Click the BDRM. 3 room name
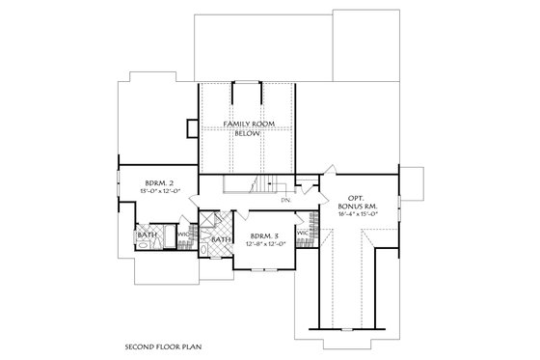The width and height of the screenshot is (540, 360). [x=264, y=236]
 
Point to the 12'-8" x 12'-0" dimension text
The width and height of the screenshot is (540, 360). [x=264, y=245]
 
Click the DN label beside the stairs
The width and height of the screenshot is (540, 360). [x=285, y=201]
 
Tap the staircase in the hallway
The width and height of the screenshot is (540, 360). [x=258, y=185]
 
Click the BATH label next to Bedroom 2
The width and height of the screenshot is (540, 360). [x=147, y=235]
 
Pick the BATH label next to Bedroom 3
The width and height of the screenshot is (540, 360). [x=221, y=239]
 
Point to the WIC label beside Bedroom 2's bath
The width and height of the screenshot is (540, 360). [x=183, y=233]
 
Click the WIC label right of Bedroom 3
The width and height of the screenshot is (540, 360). [x=303, y=233]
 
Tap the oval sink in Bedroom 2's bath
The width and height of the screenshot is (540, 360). [x=143, y=247]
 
